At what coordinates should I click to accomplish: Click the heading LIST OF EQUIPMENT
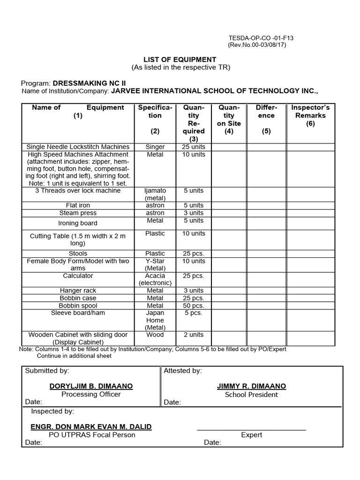pos(180,60)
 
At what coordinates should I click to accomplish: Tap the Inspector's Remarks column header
pos(310,115)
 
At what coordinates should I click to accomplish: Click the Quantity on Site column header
pos(229,115)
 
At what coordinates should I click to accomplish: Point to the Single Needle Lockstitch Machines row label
pos(78,147)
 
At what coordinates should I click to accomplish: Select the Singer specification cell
pos(155,147)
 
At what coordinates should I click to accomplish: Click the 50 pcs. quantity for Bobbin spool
pos(194,306)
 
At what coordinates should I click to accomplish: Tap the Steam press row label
pos(78,213)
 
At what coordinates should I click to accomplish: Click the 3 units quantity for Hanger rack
pos(194,291)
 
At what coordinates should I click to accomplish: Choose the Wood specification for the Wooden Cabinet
pos(155,335)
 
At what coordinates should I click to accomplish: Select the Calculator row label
pos(78,276)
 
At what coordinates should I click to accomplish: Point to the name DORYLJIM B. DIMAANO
pos(91,386)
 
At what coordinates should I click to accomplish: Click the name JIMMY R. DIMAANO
pos(251,386)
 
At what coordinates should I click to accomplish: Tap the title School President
pos(251,395)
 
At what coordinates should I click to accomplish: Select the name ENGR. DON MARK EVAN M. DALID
pos(91,427)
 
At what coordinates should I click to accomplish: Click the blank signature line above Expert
pos(251,429)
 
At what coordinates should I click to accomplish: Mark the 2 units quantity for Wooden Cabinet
pos(194,335)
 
